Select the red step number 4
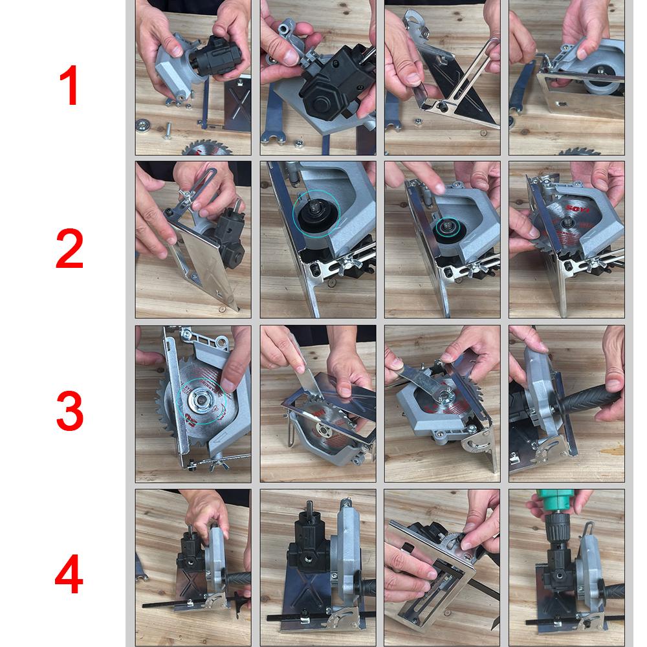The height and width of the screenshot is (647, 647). click(69, 575)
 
